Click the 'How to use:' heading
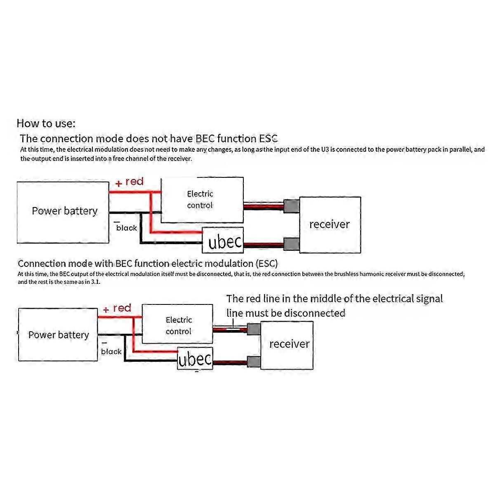(x=46, y=123)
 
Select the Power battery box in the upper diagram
(x=63, y=212)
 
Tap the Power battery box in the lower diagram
(x=58, y=335)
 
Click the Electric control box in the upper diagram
(x=202, y=200)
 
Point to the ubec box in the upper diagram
(x=223, y=240)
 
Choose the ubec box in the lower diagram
(x=195, y=359)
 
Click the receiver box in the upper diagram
(x=330, y=224)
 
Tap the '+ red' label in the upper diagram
(x=130, y=182)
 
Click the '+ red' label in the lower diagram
(x=117, y=309)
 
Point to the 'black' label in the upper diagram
(x=126, y=228)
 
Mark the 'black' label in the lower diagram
(x=111, y=351)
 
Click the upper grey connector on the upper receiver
(x=291, y=206)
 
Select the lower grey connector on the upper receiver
(x=291, y=244)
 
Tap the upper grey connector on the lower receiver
(x=254, y=329)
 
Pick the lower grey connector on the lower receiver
(x=254, y=362)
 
